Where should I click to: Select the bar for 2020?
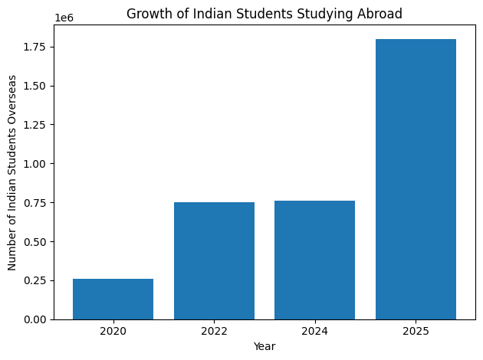coord(113,299)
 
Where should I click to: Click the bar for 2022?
coord(214,260)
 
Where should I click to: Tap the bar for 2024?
coord(314,260)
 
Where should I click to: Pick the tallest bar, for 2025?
coord(416,179)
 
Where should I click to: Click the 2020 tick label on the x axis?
coord(113,332)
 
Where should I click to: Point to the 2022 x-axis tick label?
coord(214,332)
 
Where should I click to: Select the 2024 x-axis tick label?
coord(314,332)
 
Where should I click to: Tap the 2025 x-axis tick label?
coord(416,332)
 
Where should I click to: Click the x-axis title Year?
coord(264,346)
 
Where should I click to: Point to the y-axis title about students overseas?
coord(13,172)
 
